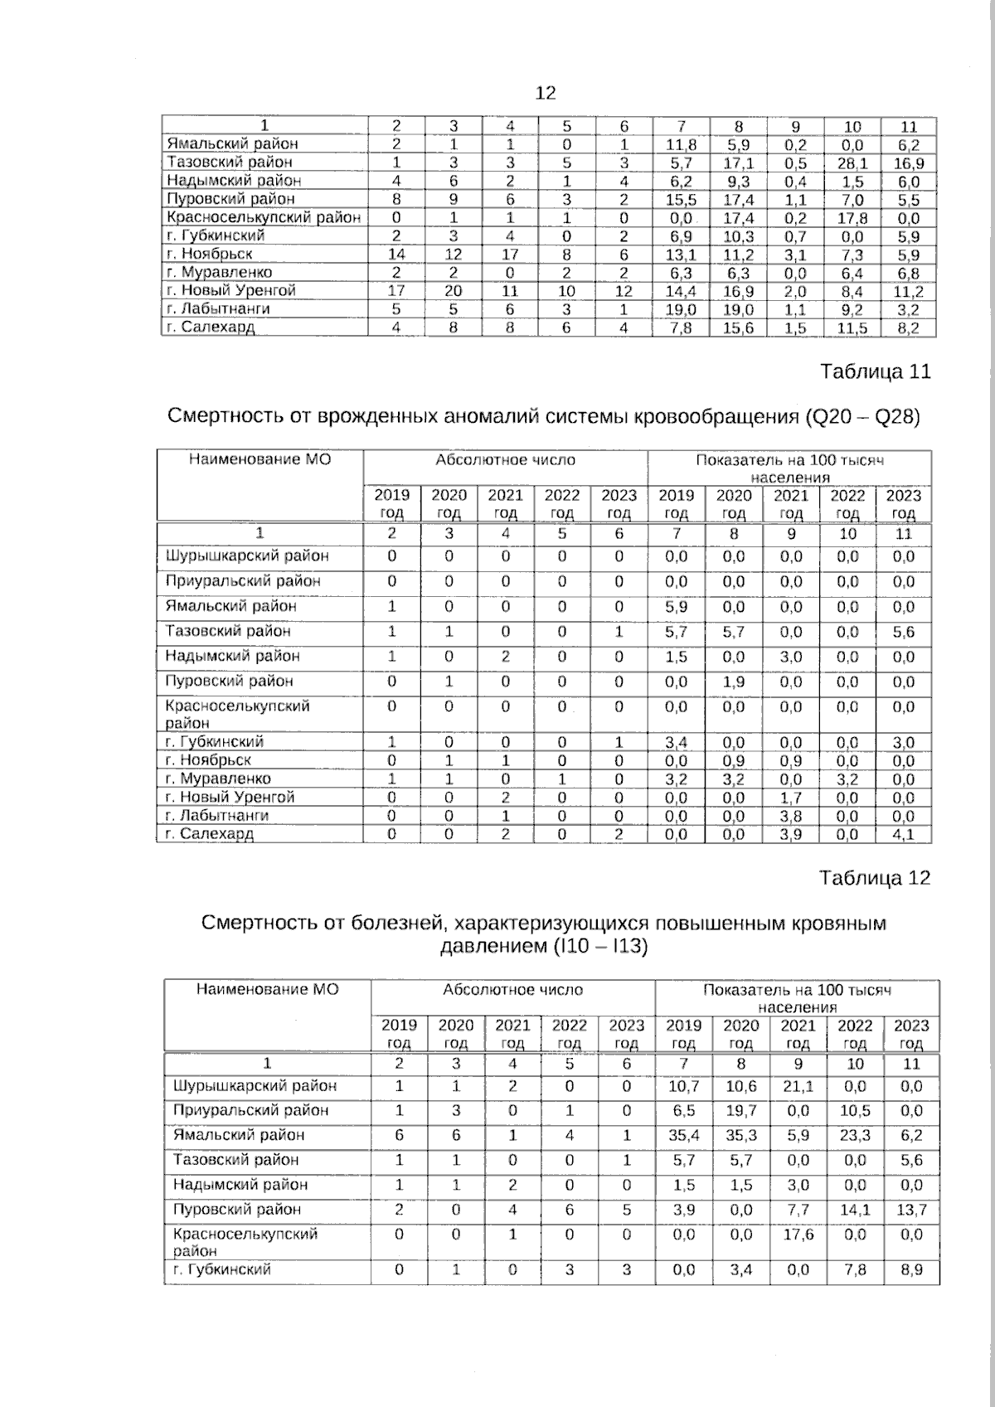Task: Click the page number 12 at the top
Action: click(x=546, y=93)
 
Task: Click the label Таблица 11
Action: click(x=875, y=371)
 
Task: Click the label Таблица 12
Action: click(x=875, y=878)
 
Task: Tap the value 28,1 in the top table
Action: click(x=852, y=163)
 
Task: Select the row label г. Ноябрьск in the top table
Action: click(x=209, y=254)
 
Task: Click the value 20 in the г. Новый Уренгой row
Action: click(x=454, y=291)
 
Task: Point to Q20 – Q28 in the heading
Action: click(x=862, y=416)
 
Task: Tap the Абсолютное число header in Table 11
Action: click(x=505, y=460)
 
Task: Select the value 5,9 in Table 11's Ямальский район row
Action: click(x=677, y=607)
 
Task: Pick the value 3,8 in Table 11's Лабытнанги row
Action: click(x=791, y=816)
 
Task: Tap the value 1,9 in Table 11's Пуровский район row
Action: click(x=734, y=682)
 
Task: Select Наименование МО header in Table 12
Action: click(x=267, y=989)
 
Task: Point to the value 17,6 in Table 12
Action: click(x=798, y=1235)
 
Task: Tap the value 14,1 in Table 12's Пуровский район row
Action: click(x=855, y=1210)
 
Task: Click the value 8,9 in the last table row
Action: click(x=910, y=1270)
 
